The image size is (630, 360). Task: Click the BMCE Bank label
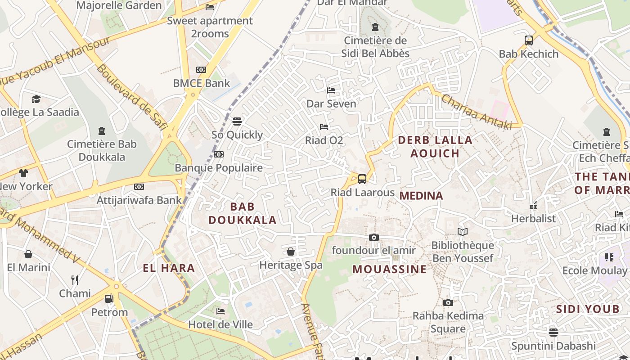tap(201, 83)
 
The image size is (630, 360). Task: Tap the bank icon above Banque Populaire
tap(219, 154)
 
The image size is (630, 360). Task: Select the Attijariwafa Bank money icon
tap(139, 187)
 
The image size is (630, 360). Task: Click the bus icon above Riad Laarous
tap(362, 179)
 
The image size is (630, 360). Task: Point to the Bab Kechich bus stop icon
tap(529, 40)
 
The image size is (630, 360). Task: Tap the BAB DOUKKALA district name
tap(242, 213)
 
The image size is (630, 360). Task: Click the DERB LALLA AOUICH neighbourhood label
tap(435, 147)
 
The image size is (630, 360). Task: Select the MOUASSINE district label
tap(389, 269)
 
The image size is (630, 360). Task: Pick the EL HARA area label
tap(169, 268)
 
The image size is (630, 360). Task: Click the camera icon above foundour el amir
tap(373, 237)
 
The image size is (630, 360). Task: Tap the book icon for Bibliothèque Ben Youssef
tap(462, 232)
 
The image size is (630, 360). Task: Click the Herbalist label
tap(533, 219)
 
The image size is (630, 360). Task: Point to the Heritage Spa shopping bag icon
tap(291, 252)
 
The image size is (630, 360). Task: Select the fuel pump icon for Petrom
tap(109, 299)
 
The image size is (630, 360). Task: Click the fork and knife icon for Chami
tap(75, 280)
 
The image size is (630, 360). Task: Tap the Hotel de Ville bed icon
tap(220, 311)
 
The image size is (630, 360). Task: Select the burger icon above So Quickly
tap(237, 121)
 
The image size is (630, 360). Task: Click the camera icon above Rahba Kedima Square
tap(448, 302)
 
